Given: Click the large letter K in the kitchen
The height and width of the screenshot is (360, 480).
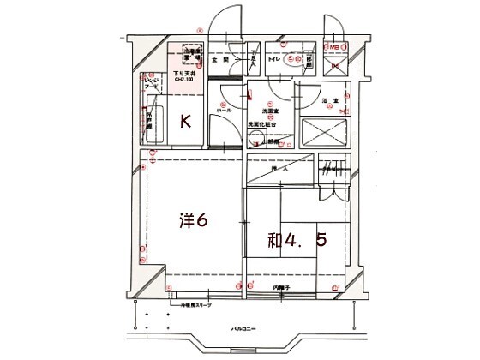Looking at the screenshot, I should point(183,121).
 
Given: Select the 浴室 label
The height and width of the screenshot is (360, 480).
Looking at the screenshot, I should point(327,101).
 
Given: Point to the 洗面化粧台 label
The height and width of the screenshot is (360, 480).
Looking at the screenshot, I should point(264,124).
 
